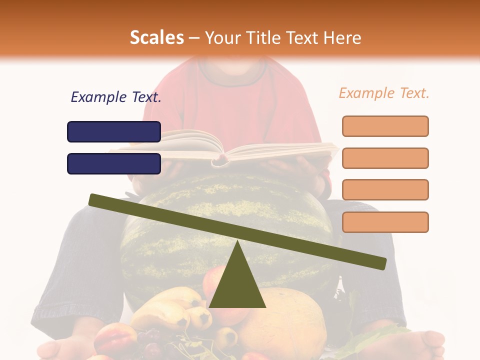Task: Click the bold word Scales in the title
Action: pos(156,37)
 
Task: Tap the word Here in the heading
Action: pos(342,37)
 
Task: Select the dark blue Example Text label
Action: pos(116,97)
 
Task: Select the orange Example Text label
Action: pos(384,93)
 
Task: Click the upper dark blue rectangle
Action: pos(114,131)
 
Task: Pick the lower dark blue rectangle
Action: pos(114,163)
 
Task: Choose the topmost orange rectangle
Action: pos(385,126)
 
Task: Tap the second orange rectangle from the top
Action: pos(385,158)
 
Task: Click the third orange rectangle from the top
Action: pos(385,189)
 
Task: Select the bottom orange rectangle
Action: pos(385,222)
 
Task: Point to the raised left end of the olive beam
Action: pos(95,200)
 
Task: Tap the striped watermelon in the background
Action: pos(165,235)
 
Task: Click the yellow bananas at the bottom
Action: pos(170,305)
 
